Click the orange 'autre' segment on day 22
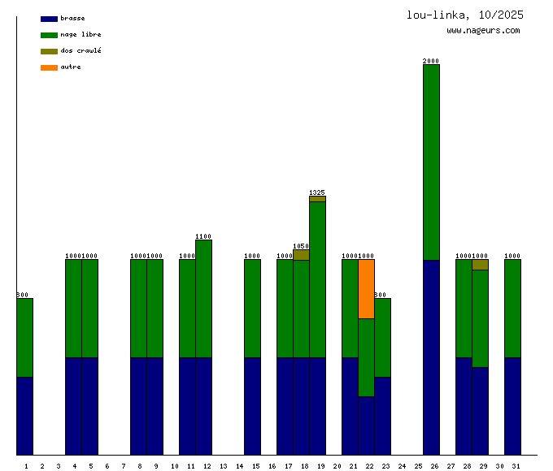tap(366, 288)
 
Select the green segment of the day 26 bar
tap(431, 162)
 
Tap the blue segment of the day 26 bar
tap(431, 357)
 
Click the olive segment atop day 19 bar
tap(317, 198)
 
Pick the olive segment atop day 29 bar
tap(480, 265)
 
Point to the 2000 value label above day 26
tap(431, 61)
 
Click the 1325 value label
tap(317, 192)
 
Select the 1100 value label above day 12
tap(203, 236)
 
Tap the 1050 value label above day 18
tap(301, 245)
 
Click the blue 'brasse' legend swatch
tap(49, 19)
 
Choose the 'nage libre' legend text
tap(81, 35)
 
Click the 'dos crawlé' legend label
tap(81, 51)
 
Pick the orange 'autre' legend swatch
tap(49, 67)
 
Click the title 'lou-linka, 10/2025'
tap(465, 15)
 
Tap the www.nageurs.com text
tap(483, 31)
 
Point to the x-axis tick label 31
tap(516, 466)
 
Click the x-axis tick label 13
tap(223, 466)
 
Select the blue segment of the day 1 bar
tap(24, 416)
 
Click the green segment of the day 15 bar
tap(252, 309)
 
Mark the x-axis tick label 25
tap(418, 466)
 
